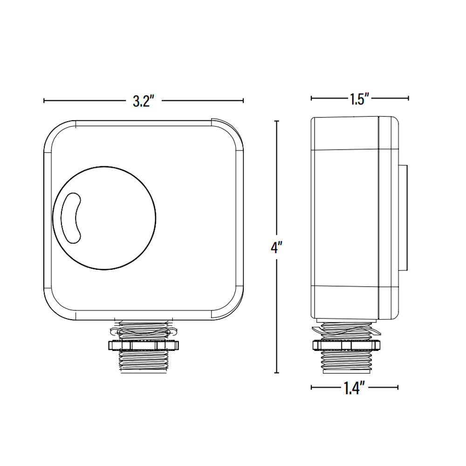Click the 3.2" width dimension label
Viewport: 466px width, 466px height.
143,101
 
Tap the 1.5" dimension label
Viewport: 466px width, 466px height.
359,99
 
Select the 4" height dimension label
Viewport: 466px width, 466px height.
277,247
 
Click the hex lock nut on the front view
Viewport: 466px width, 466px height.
143,345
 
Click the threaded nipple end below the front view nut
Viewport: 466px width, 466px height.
143,362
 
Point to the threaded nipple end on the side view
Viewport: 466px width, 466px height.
347,361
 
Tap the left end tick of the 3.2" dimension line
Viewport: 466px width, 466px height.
44,100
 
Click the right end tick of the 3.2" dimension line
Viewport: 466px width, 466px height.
243,100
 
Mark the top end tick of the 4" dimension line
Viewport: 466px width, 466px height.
277,121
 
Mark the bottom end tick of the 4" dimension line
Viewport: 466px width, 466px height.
277,373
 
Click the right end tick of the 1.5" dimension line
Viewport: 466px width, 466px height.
409,98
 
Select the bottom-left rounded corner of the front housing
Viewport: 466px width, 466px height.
54,310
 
